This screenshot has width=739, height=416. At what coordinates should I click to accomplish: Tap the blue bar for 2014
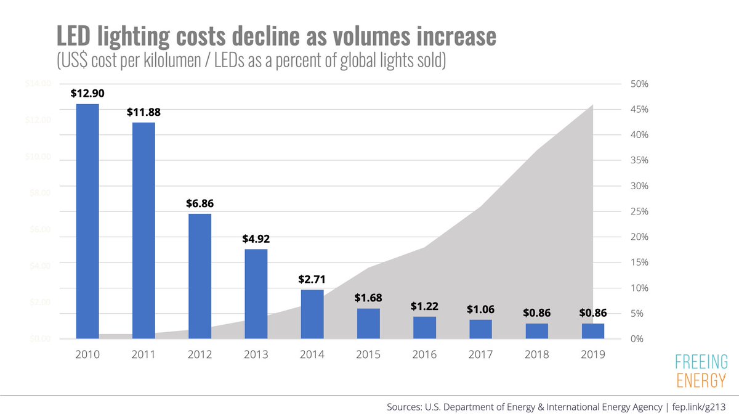click(312, 314)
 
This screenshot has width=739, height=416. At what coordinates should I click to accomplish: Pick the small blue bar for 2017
click(480, 329)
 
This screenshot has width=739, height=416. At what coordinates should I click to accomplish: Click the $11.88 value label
click(143, 112)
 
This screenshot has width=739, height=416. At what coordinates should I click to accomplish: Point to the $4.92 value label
click(256, 239)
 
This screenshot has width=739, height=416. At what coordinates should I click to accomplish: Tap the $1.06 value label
click(480, 309)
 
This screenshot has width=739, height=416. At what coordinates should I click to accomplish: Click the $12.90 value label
click(87, 94)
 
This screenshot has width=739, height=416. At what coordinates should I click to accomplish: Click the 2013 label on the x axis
click(256, 355)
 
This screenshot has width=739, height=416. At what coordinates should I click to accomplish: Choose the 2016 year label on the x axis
click(424, 355)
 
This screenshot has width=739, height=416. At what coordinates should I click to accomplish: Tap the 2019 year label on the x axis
click(592, 355)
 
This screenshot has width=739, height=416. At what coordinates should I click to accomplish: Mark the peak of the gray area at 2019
click(592, 105)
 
